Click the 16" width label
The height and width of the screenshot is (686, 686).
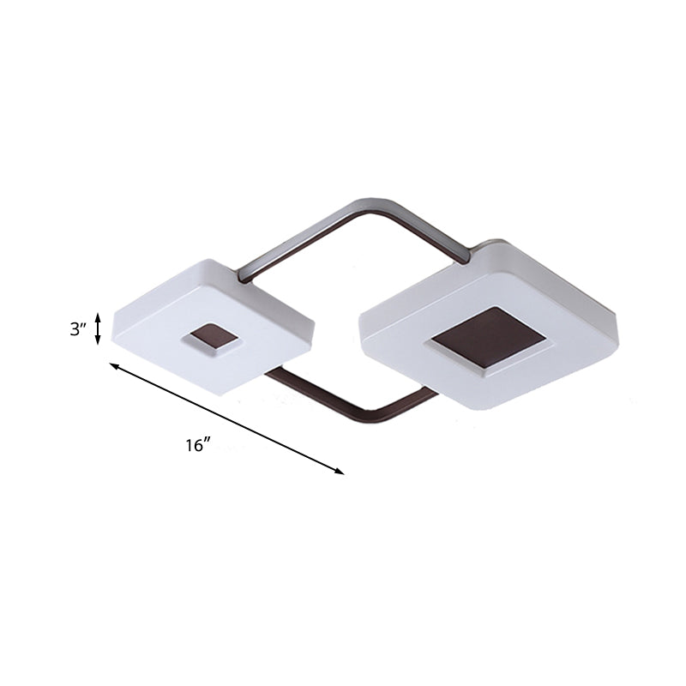tap(197, 445)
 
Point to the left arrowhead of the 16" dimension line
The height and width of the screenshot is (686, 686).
tap(112, 365)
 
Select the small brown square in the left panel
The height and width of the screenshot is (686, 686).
tap(210, 339)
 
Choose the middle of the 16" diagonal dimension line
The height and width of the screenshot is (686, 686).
tap(226, 418)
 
